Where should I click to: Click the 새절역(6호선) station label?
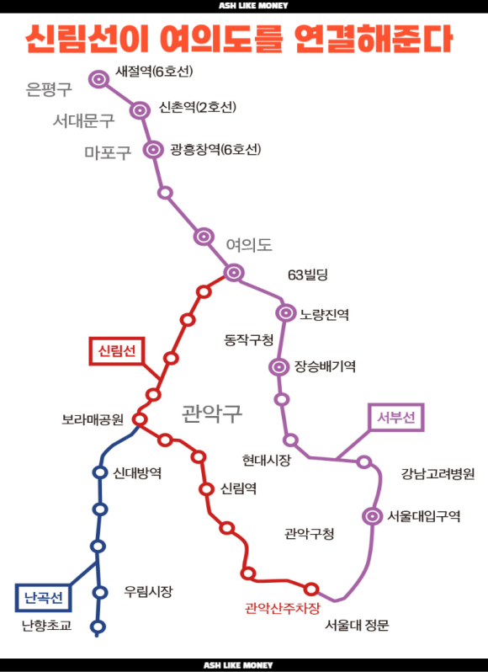pos(154,71)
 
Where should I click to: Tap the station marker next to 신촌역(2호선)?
pos(141,110)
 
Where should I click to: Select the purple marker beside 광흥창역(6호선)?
pos(154,150)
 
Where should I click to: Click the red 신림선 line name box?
pos(117,351)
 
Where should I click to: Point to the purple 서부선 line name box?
pos(396,417)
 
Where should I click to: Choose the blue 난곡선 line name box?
pos(43,597)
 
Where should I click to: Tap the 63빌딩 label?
pos(308,275)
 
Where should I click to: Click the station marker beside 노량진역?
pos(286,313)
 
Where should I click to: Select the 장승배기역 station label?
pos(325,366)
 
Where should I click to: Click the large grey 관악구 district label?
pos(212,413)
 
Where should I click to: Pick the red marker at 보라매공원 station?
pos(140,419)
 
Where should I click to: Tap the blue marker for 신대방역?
pos(100,472)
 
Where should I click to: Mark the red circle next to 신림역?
pos(207,488)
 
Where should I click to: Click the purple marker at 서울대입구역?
pos(372,516)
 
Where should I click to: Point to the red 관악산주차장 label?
pos(283,608)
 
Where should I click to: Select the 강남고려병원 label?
pos(438,474)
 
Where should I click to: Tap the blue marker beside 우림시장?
pos(100,592)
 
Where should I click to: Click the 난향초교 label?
pos(46,626)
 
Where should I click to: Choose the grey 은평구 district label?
pos(49,89)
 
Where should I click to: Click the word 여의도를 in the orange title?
pos(221,40)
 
